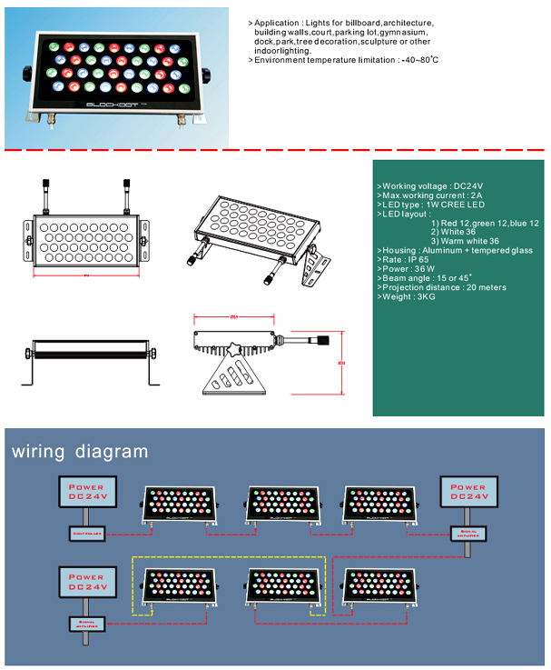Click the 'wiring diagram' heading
[79, 451]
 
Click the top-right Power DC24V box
[469, 492]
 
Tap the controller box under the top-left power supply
[87, 532]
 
